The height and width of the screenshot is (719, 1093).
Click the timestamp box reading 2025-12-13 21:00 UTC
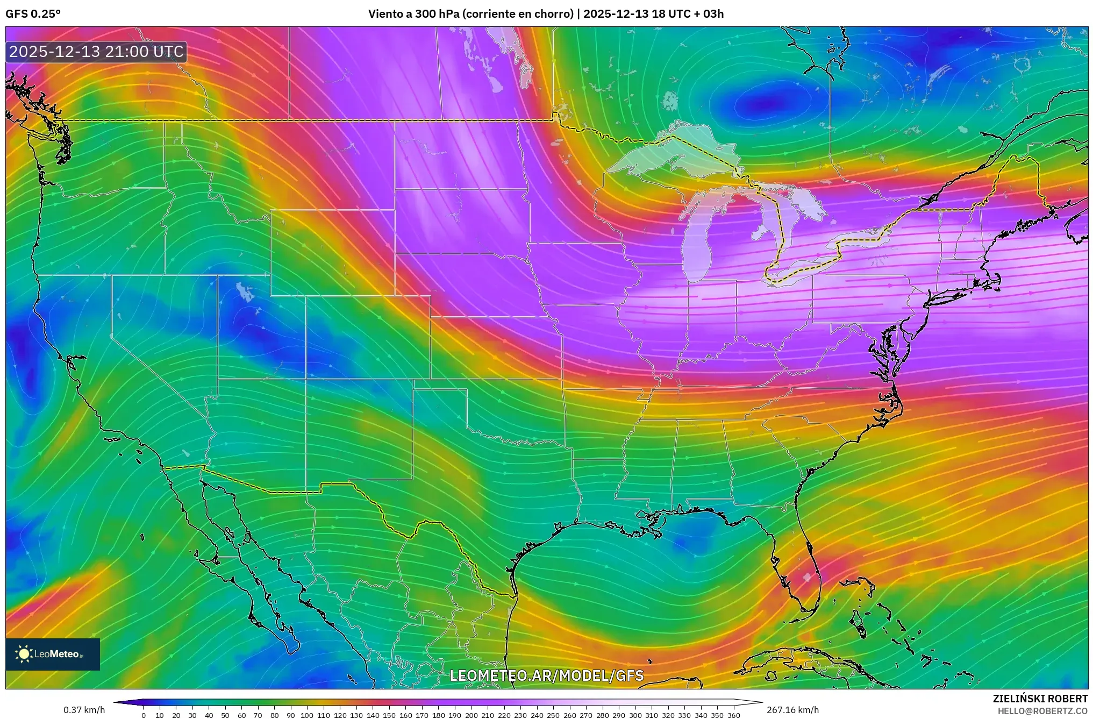[x=97, y=52]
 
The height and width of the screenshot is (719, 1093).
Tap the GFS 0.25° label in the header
[x=33, y=14]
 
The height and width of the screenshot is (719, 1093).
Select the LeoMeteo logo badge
[x=53, y=654]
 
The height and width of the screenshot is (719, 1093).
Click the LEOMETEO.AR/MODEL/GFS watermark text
[x=546, y=675]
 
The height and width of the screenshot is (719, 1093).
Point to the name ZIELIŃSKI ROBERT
[x=1040, y=699]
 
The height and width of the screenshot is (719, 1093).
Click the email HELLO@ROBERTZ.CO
[x=1042, y=711]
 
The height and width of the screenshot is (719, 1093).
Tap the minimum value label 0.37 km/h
[x=84, y=710]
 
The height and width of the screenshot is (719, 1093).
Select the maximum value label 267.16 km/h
[x=792, y=710]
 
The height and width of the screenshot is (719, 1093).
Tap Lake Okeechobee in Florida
[x=806, y=578]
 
